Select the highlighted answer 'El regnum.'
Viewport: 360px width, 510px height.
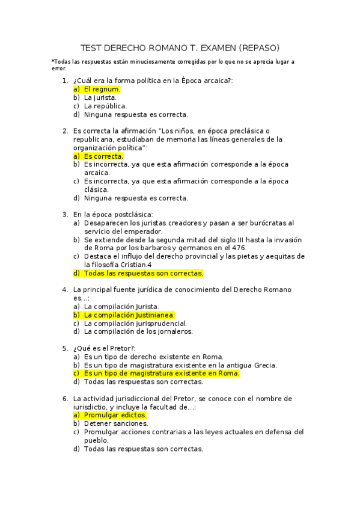point(102,89)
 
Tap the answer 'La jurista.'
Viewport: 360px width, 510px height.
point(100,97)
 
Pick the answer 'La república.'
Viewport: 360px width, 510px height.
point(105,106)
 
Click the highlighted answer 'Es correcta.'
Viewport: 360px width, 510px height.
point(103,156)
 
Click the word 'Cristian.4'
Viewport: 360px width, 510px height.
point(135,265)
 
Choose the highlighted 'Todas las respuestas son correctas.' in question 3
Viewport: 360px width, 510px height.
point(144,273)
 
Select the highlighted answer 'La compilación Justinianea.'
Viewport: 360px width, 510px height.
point(129,315)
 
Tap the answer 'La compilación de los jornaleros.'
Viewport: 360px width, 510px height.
point(138,331)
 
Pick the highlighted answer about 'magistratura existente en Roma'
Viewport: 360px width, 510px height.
point(162,373)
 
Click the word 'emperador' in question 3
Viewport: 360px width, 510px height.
point(144,231)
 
